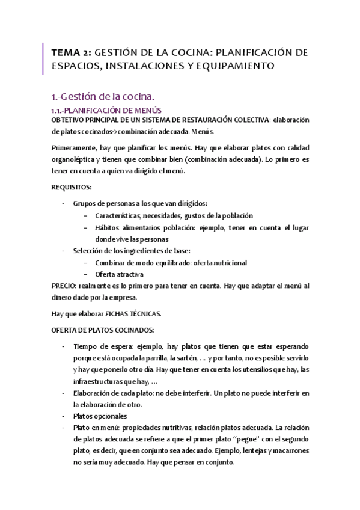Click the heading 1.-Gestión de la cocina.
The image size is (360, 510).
point(103,96)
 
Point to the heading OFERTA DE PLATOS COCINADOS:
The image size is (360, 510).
point(103,330)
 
